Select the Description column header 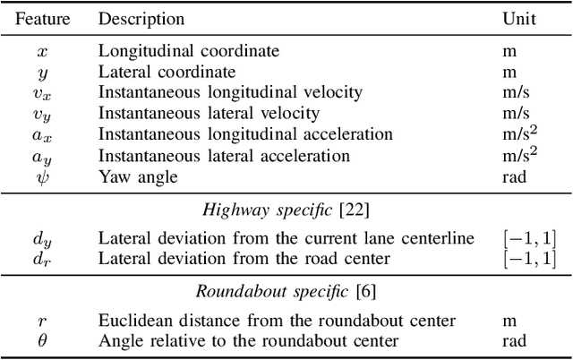tap(141, 19)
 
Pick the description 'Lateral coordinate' tap(167, 73)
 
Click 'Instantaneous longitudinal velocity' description tap(229, 93)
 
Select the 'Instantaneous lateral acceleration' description tap(224, 156)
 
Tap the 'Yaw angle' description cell tap(138, 177)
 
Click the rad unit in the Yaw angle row tap(513, 177)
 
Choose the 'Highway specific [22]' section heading tap(287, 210)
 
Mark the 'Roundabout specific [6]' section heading tap(287, 291)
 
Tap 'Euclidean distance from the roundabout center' tap(277, 321)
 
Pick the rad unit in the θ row tap(513, 341)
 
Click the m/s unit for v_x tap(516, 93)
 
